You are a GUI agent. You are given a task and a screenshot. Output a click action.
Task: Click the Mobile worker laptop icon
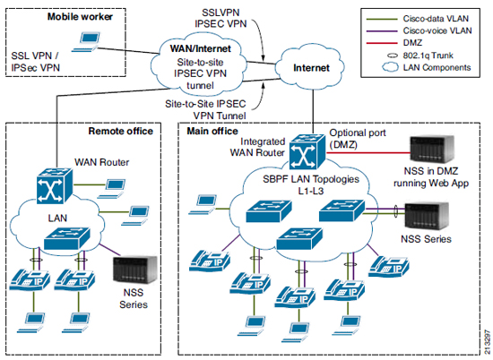point(86,41)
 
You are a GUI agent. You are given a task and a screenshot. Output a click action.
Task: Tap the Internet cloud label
point(311,68)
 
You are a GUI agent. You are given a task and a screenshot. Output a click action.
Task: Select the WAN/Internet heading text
point(200,48)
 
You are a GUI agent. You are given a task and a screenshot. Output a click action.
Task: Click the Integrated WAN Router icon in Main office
point(307,152)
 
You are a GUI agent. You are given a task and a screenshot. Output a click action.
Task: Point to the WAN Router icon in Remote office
point(55,186)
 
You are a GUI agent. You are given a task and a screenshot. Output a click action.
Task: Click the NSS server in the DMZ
point(432,149)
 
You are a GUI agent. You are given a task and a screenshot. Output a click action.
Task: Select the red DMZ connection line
point(368,153)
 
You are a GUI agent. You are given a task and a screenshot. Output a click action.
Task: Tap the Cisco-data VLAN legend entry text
point(436,19)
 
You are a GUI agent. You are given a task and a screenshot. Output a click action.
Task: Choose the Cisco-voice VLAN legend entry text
point(437,30)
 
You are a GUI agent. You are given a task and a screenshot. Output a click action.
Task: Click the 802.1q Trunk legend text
point(428,56)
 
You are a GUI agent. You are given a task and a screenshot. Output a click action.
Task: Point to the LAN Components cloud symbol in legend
point(390,67)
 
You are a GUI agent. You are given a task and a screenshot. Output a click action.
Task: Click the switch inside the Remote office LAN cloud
point(67,238)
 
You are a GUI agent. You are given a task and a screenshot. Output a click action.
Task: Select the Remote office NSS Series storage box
point(134,270)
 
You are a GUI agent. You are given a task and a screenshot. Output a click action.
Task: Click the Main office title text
point(212,131)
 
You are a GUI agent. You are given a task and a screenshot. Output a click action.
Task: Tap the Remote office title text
point(121,131)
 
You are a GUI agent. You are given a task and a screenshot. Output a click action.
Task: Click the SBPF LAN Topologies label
point(311,179)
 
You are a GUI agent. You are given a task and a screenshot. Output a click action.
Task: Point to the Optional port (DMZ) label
point(358,139)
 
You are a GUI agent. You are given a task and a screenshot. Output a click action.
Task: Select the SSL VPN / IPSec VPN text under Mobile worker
point(35,62)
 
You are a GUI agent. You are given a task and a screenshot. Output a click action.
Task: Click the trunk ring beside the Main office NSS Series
point(396,211)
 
